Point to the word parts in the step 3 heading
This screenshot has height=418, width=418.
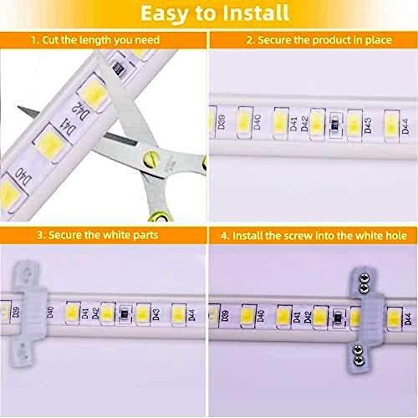pyautogui.click(x=145, y=236)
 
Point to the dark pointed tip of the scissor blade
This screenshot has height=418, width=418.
pyautogui.click(x=19, y=108)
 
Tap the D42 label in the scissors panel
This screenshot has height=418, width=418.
pyautogui.click(x=80, y=110)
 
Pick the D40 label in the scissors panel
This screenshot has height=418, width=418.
pyautogui.click(x=23, y=177)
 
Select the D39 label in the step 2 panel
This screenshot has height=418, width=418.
pyautogui.click(x=222, y=121)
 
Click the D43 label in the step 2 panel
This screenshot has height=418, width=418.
pyautogui.click(x=368, y=125)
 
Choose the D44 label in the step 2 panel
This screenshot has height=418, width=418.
pyautogui.click(x=405, y=126)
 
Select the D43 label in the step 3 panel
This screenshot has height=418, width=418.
pyautogui.click(x=156, y=314)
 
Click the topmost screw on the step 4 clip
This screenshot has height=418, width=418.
pyautogui.click(x=364, y=278)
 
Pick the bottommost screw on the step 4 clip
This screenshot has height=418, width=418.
pyautogui.click(x=358, y=361)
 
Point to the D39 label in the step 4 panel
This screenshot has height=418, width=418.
pyautogui.click(x=226, y=315)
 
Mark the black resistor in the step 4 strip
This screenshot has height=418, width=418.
pyautogui.click(x=338, y=317)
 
